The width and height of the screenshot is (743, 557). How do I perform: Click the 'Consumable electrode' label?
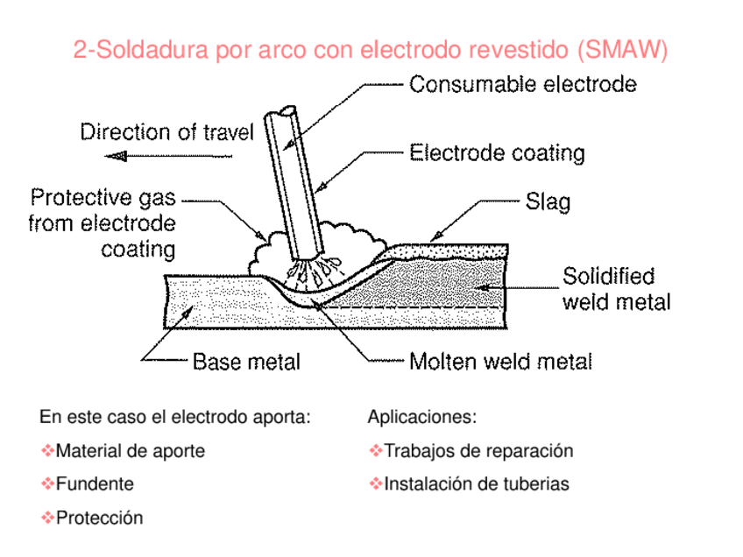click(523, 85)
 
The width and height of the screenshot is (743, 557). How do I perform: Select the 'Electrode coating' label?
click(497, 153)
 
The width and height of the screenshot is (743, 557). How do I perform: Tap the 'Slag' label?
click(548, 202)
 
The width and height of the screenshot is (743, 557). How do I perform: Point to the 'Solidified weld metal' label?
click(616, 289)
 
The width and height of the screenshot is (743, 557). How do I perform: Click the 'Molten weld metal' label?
click(500, 361)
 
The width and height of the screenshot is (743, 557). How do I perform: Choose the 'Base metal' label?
click(246, 361)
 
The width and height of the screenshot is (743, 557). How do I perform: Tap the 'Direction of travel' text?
click(166, 132)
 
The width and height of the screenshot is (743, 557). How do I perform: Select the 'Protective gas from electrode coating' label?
click(103, 223)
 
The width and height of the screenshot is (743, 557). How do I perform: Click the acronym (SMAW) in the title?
click(622, 50)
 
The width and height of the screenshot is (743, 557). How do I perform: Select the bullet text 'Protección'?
click(99, 518)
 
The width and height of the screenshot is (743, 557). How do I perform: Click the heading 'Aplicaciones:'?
click(422, 416)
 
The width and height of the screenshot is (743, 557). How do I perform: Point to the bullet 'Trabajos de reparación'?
click(478, 451)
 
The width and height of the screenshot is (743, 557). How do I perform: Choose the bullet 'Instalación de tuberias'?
click(477, 483)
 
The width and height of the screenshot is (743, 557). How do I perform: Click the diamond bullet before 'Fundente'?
click(47, 483)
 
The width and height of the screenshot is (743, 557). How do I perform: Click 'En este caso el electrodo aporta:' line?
click(175, 416)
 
